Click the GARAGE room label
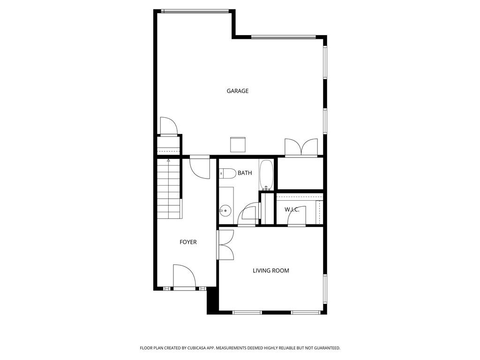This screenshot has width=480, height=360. click(x=238, y=91)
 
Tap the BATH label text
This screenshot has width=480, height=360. click(x=245, y=173)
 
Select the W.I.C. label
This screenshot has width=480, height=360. click(x=292, y=210)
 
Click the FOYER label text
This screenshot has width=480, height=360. click(x=188, y=242)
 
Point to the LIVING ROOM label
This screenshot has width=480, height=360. click(x=271, y=270)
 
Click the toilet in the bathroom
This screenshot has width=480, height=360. click(x=227, y=173)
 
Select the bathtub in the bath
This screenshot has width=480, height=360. click(x=266, y=175)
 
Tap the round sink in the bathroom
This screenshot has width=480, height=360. click(x=225, y=210)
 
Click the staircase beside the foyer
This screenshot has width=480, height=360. click(x=168, y=187)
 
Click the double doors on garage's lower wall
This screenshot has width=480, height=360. click(x=301, y=147)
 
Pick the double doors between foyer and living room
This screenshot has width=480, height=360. click(x=226, y=245)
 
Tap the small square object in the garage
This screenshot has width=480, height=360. click(x=238, y=144)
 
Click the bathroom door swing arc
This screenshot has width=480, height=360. click(x=247, y=214)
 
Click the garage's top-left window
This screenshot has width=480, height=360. click(x=195, y=11)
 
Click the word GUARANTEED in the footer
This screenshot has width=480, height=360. click(x=324, y=348)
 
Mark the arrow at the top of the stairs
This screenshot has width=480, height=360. click(x=168, y=160)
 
